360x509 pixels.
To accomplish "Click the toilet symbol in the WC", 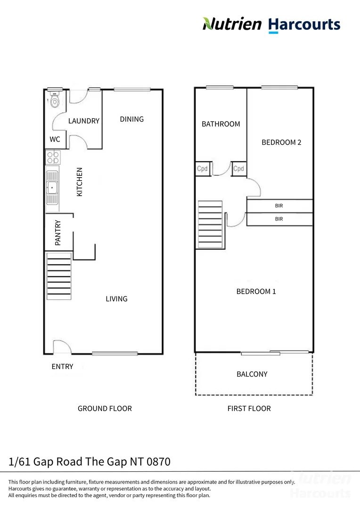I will tap(55, 100).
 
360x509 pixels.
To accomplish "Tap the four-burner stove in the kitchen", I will tap(52, 157).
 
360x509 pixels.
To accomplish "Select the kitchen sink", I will tap(52, 188).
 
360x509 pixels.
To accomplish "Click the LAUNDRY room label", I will tap(84, 121).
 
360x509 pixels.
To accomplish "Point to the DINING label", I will tap(131, 119).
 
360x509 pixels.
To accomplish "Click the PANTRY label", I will tap(58, 232).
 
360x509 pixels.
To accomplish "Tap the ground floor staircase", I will tap(59, 276).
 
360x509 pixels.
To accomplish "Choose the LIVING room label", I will tap(116, 299).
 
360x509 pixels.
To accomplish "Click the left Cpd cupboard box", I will tap(202, 169).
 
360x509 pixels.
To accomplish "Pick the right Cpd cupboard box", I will tap(239, 169).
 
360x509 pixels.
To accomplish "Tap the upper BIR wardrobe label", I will tap(279, 206).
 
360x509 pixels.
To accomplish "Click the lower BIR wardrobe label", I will tap(279, 219).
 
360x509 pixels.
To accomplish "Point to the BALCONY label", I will tap(252, 374).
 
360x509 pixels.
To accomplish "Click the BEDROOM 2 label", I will tap(281, 142).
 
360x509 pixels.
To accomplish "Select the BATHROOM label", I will tap(221, 124).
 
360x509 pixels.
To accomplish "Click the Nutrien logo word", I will tap(232, 24).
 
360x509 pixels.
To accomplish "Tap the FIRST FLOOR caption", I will tap(249, 409).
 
